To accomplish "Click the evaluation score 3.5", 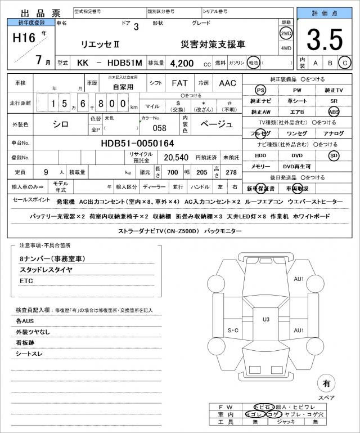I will [325, 40].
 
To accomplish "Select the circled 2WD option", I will [286, 33].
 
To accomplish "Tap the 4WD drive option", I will [286, 48].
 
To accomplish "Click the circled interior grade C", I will [345, 63].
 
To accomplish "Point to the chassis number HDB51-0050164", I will [133, 144].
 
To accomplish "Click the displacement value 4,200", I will [183, 63].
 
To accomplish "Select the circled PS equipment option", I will [260, 90].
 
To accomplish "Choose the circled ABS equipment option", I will [334, 111].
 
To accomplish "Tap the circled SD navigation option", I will [334, 155].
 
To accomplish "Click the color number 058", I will [160, 128].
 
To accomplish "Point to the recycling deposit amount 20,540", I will [175, 158].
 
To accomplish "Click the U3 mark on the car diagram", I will [266, 319].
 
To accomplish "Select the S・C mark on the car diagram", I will [233, 330].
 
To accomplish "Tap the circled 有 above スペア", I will [326, 383].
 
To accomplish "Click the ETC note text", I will [26, 280].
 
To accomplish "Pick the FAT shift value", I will [179, 83].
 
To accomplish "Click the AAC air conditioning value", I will [227, 83].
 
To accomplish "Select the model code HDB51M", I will [123, 63].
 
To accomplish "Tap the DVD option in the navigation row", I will [296, 155].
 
